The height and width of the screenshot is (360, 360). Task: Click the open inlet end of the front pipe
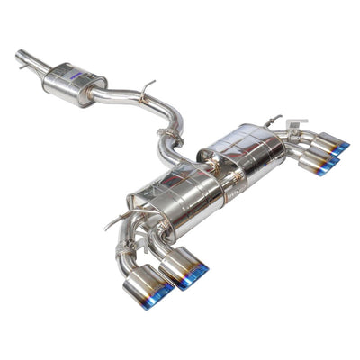pos(20,57)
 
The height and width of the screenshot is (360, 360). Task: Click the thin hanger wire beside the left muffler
pos(115,221)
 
